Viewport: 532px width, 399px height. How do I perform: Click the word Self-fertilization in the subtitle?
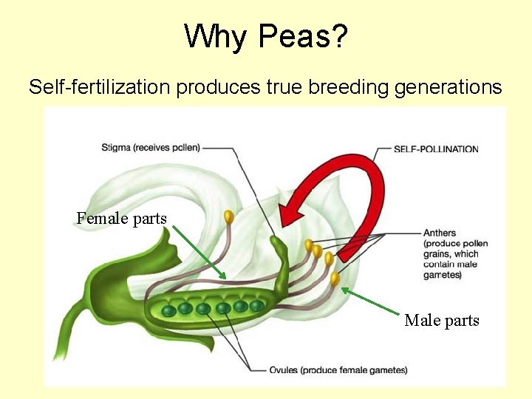tap(100, 87)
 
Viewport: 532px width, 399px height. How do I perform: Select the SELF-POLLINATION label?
tap(436, 149)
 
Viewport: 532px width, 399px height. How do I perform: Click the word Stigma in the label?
tap(116, 148)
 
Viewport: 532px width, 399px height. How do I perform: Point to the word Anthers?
tap(440, 233)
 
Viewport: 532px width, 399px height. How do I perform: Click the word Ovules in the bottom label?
tap(284, 370)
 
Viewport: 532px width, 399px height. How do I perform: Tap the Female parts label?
tap(121, 218)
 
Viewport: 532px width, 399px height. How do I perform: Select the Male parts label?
tap(442, 320)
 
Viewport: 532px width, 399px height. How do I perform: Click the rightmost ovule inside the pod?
tap(256, 305)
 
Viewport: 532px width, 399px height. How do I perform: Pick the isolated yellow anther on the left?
tap(228, 217)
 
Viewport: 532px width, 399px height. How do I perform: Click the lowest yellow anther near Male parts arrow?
tap(335, 279)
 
